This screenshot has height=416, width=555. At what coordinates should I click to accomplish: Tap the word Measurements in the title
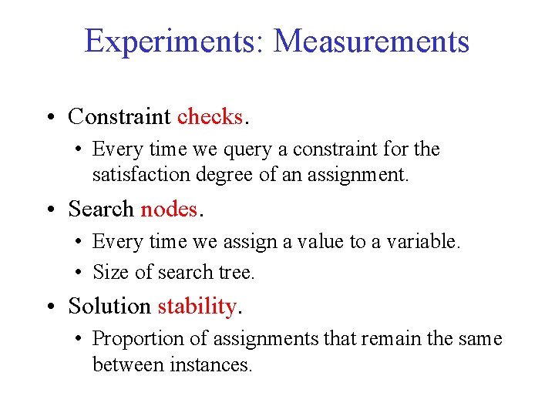(371, 41)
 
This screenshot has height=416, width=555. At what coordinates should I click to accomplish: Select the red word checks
(210, 116)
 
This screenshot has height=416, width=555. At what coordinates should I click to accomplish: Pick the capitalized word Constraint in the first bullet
(119, 116)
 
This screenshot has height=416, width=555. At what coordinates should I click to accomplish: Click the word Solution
(109, 306)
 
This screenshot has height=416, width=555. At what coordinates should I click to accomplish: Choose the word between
(123, 364)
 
